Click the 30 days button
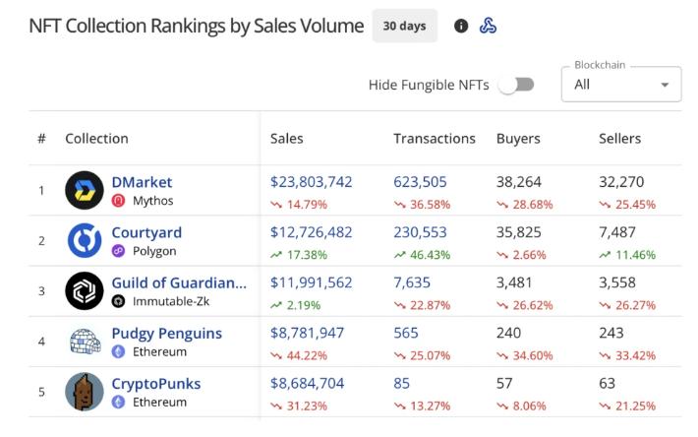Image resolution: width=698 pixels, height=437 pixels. pos(404,26)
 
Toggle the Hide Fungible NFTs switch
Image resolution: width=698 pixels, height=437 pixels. pos(516,85)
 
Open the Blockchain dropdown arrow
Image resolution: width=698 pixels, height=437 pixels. pos(665,85)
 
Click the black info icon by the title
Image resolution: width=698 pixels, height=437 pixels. pos(461,27)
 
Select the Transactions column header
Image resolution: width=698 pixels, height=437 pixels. pos(434,139)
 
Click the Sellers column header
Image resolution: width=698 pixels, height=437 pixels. pos(619,139)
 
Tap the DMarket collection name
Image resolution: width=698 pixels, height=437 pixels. pos(142,182)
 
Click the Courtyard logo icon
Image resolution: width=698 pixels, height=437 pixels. pos(85,241)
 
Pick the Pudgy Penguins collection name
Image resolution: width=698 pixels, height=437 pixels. pos(166,334)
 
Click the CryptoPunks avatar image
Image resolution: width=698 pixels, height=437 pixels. pos(85,392)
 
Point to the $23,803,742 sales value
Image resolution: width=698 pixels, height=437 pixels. pos(311,182)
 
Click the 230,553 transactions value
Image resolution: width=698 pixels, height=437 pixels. pos(420,232)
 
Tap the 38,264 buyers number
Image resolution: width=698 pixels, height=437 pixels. pos(519,182)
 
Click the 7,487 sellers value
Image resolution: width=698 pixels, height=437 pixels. pos(618,232)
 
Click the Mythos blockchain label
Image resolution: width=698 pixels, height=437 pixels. pos(153,201)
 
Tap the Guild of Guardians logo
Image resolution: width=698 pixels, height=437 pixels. pos(85,291)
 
